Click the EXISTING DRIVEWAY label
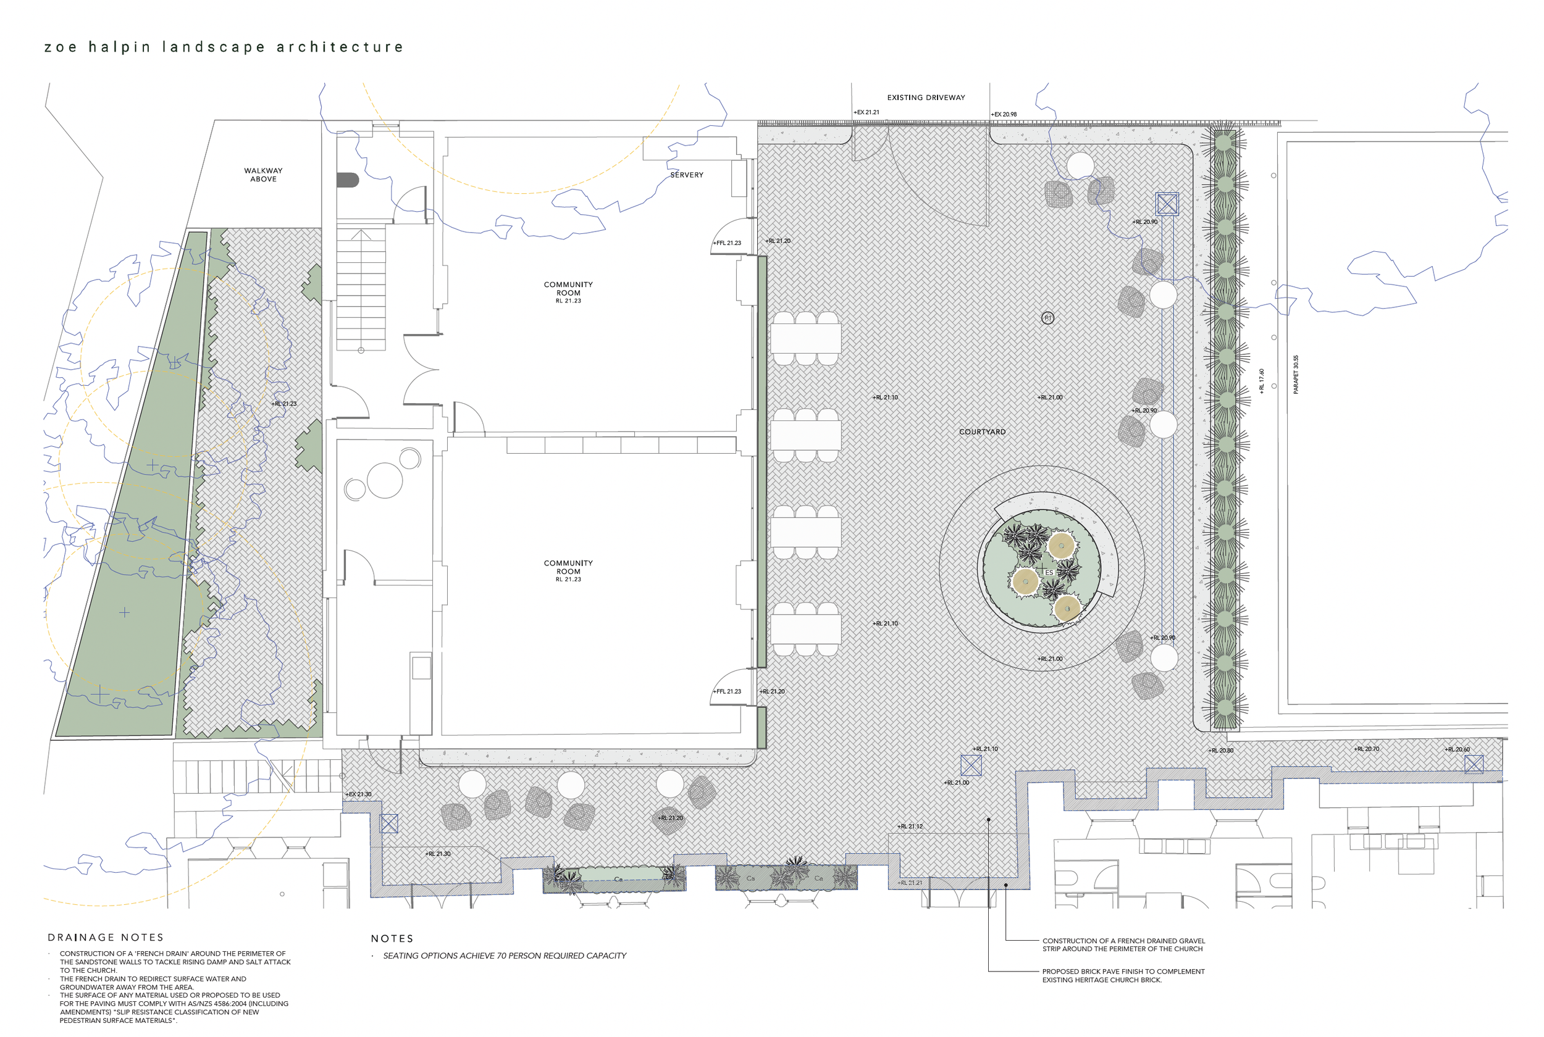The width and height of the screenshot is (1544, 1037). tap(926, 98)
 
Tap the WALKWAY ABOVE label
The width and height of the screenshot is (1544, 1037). tap(263, 175)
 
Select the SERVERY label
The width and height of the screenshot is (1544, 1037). tap(687, 175)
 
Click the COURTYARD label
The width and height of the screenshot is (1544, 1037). tap(982, 432)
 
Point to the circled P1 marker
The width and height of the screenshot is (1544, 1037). tap(1047, 318)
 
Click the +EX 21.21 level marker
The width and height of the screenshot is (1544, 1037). tap(866, 112)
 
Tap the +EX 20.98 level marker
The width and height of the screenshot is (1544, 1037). tap(1004, 114)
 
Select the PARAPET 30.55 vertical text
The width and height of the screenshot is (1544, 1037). tap(1296, 374)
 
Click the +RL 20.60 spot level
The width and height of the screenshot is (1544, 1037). tap(1458, 749)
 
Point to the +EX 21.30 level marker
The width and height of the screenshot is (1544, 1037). tap(359, 794)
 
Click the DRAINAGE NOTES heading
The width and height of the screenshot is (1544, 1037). tap(106, 937)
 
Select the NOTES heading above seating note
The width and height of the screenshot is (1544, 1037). tap(392, 938)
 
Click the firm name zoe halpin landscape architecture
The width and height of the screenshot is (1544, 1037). tap(224, 47)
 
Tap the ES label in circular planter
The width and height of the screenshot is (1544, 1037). tap(1049, 573)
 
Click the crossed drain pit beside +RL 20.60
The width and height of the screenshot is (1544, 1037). tap(1473, 765)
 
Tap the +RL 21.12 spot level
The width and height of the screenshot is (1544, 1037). tap(910, 827)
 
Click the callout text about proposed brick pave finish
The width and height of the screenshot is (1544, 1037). tap(1123, 975)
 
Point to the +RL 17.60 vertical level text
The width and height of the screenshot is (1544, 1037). tap(1262, 381)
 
